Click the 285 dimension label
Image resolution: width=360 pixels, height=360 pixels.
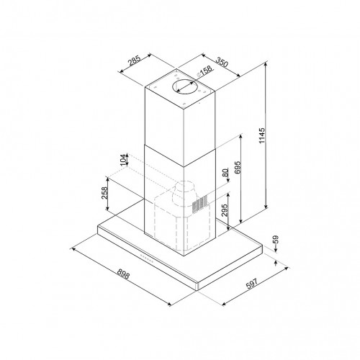click(134, 60)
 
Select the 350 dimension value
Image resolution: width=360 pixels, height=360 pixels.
click(222, 62)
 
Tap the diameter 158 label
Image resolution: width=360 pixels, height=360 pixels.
click(204, 71)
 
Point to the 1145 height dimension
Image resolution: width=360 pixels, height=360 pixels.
click(262, 136)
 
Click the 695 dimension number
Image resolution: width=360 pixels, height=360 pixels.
click(238, 167)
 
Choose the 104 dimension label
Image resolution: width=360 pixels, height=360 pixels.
click(123, 160)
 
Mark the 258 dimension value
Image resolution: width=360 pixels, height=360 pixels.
click(104, 193)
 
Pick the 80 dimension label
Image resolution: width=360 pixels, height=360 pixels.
click(225, 173)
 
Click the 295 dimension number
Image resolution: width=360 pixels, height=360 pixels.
click(224, 210)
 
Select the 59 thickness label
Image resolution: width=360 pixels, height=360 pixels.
click(276, 239)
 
